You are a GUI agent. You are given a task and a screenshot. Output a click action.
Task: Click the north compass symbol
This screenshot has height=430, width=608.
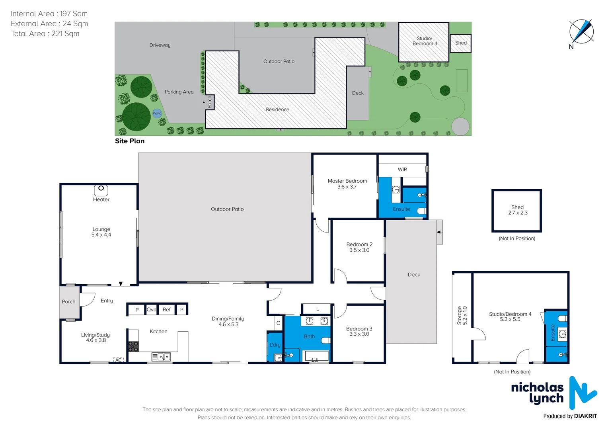point(581,32)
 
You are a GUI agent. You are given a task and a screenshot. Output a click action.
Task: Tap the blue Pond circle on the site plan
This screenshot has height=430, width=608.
point(157,113)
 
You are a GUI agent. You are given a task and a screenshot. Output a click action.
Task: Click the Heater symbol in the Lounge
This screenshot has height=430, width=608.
point(101,190)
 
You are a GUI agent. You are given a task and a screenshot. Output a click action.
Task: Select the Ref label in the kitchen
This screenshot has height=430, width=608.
point(166,309)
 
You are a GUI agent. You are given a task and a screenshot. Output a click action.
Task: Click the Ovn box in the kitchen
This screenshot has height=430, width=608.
point(152,309)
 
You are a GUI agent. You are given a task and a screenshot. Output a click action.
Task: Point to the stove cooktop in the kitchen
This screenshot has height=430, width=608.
point(133,346)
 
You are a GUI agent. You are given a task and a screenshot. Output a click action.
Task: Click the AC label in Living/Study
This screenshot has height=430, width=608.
point(119,360)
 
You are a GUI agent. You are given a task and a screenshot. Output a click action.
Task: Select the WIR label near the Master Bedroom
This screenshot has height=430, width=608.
point(402,170)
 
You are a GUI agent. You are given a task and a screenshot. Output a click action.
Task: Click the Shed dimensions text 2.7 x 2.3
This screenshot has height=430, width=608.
point(518,213)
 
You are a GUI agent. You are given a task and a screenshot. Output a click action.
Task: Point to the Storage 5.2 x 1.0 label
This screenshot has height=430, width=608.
point(462,315)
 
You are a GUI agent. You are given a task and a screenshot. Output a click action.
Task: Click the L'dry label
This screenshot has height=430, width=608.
point(275,345)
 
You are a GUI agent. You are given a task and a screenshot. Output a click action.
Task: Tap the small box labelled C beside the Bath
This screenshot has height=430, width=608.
point(278,323)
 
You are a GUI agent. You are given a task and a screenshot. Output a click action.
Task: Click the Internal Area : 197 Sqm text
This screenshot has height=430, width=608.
point(49,14)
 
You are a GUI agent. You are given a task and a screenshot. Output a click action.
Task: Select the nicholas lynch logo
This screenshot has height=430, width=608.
point(553,393)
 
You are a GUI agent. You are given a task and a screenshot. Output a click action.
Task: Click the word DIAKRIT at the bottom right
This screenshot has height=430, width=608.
point(586,416)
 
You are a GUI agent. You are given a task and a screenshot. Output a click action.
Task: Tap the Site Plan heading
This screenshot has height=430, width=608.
point(130,141)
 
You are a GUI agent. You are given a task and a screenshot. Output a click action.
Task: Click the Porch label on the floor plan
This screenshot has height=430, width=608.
point(68,301)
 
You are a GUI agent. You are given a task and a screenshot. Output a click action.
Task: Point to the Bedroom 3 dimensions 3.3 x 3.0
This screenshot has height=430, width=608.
point(359,334)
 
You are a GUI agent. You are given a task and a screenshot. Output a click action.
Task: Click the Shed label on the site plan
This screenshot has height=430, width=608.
point(461,43)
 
